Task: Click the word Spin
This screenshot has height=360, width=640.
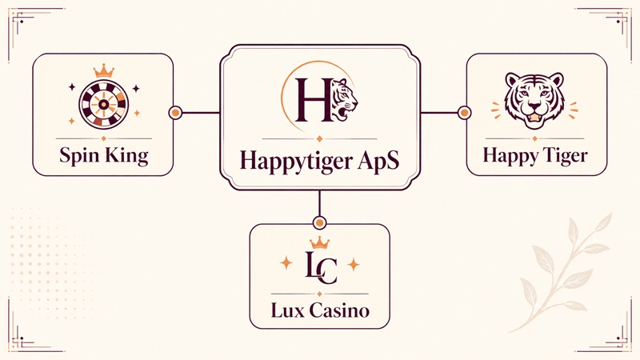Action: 78,156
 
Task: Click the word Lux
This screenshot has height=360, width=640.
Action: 288,310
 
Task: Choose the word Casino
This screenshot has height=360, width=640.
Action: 339,310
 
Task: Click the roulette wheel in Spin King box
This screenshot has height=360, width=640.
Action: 104,105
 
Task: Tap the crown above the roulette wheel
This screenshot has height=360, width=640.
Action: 104,71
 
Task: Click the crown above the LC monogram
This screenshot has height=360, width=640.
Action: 319,242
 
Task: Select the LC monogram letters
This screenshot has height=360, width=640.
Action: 322,268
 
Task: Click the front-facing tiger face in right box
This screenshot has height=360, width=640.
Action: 534,100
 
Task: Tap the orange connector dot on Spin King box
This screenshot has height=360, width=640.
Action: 175,112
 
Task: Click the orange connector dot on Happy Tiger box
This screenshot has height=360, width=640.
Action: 464,112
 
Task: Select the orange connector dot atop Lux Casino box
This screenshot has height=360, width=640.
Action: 319,223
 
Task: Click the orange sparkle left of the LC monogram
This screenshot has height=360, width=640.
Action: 286,263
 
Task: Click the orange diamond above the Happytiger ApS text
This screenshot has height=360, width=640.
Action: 319,139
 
